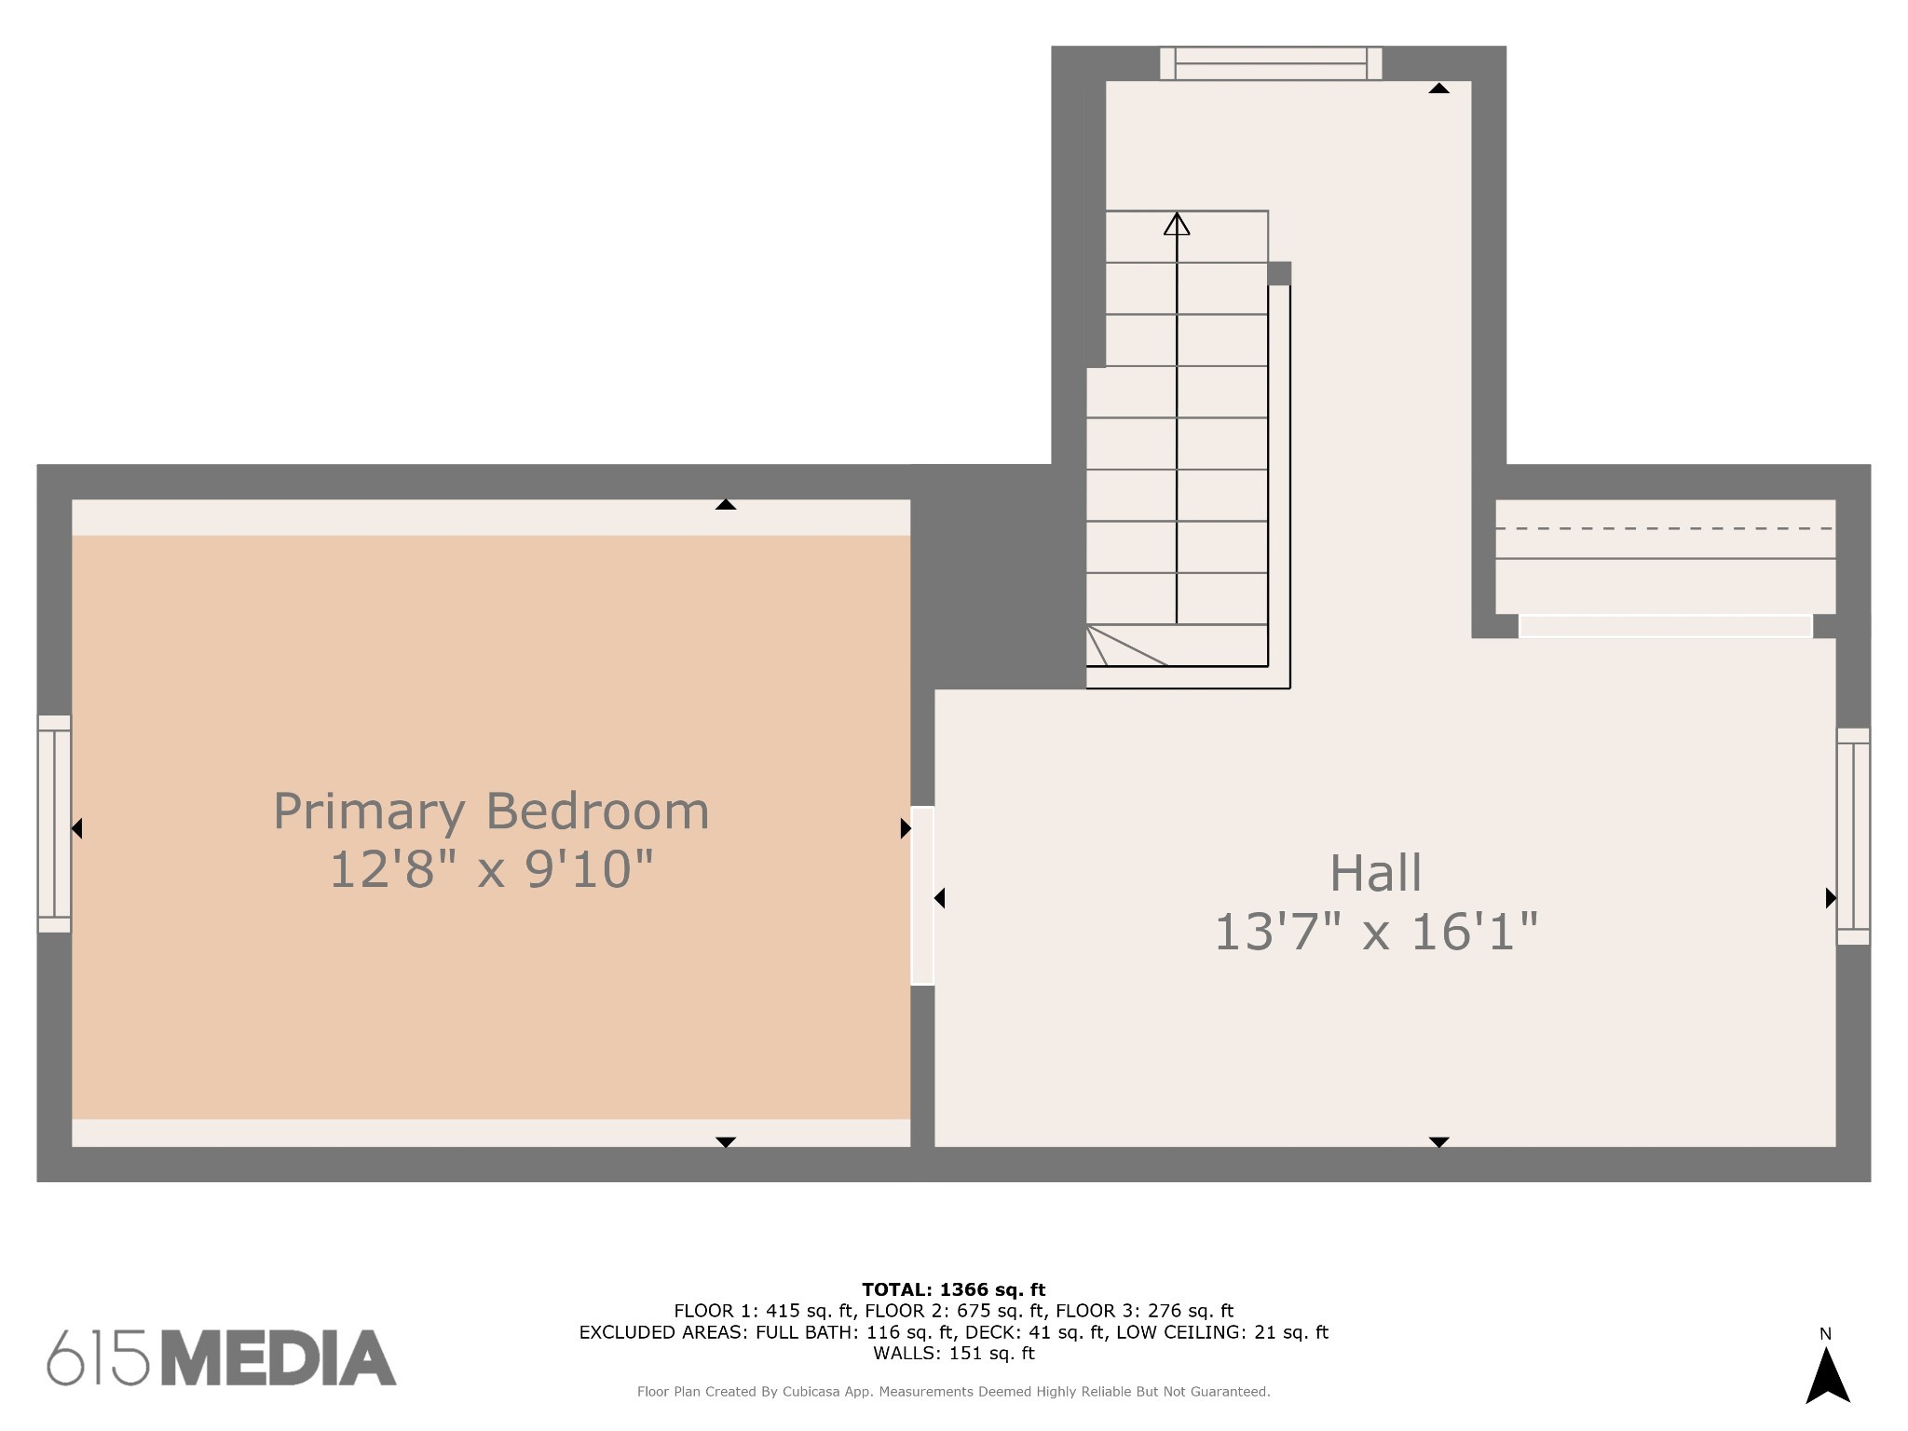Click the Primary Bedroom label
pos(491,811)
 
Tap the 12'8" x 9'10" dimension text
pos(491,869)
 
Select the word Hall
pos(1375,873)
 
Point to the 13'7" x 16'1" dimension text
pos(1375,932)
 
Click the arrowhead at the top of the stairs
pos(1177,225)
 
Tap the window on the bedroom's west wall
pos(54,824)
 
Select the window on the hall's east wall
pos(1853,837)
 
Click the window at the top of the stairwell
pos(1271,63)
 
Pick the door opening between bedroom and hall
pos(922,895)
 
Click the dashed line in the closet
pos(1665,528)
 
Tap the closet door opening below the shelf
pos(1666,626)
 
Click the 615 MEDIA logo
pos(222,1357)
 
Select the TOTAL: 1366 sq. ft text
pos(954,1289)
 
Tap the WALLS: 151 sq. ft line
pos(954,1353)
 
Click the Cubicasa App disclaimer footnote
pos(954,1392)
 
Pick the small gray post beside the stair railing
pos(1279,273)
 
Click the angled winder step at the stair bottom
pos(1127,646)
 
